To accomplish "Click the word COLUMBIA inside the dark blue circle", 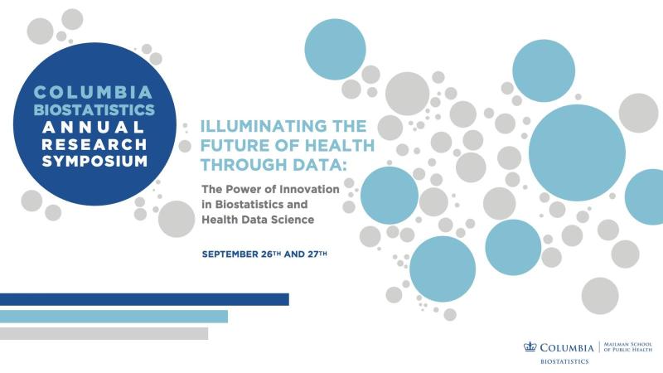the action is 93,92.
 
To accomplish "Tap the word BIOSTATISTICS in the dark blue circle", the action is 94,109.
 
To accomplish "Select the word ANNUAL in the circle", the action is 94,127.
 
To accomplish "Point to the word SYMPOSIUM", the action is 94,161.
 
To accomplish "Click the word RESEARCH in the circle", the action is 94,144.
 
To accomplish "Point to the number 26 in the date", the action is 265,254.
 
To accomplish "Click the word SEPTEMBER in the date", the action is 230,254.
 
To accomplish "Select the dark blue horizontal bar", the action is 144,299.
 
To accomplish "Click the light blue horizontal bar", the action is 114,317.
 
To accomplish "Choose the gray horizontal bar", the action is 104,333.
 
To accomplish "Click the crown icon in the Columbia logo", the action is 530,346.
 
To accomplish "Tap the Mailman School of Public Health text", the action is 628,346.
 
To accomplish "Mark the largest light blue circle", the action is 577,153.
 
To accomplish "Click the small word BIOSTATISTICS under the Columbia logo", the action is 564,361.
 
